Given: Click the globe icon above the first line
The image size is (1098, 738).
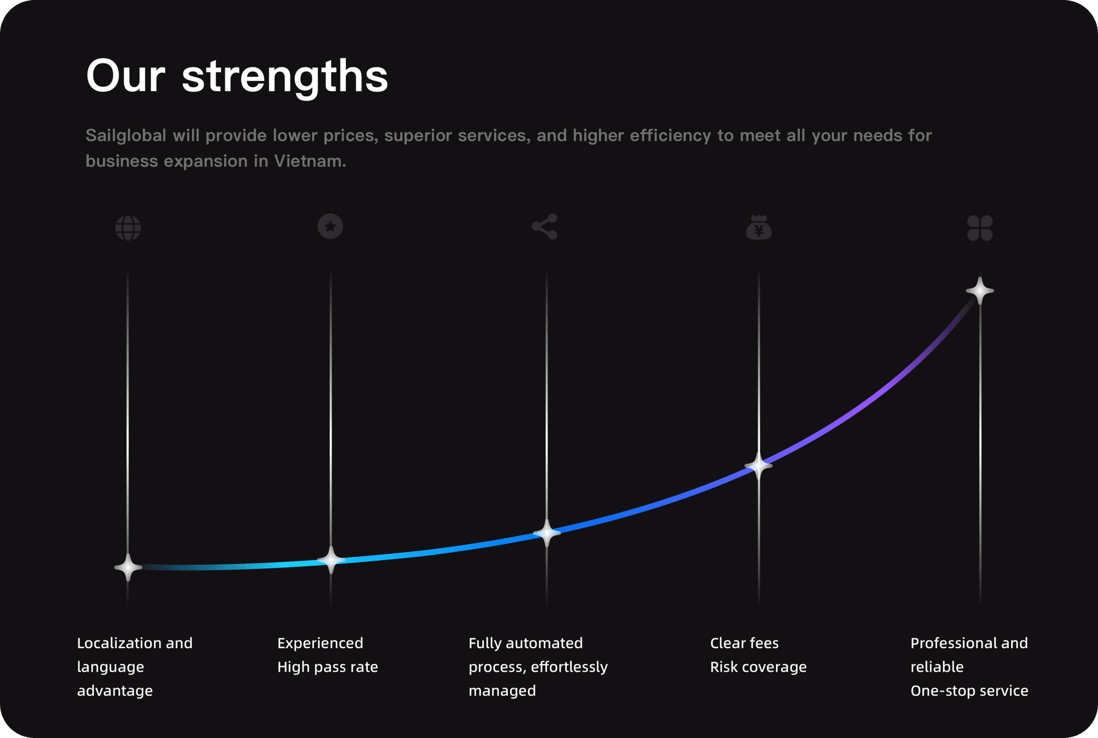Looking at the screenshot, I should click(x=128, y=228).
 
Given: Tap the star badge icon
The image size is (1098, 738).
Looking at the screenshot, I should click(x=330, y=227).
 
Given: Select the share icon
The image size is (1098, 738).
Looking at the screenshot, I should click(x=544, y=227).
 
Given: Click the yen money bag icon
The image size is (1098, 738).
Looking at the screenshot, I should click(x=759, y=228).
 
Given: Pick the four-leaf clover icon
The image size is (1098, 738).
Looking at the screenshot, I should click(x=980, y=228).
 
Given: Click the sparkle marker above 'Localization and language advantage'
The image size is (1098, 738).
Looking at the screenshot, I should click(x=128, y=568).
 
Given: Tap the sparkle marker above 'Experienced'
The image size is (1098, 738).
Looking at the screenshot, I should click(x=331, y=560).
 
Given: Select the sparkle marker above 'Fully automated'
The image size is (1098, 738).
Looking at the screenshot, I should click(x=547, y=533).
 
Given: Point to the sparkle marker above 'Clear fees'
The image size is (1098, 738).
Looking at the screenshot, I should click(x=759, y=466).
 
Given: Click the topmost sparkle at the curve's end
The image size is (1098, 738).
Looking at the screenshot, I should click(x=980, y=291).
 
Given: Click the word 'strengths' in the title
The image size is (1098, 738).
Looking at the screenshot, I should click(x=285, y=76).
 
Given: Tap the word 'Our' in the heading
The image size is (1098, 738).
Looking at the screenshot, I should click(x=126, y=76).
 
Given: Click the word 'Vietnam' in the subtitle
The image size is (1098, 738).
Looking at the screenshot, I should click(x=309, y=161).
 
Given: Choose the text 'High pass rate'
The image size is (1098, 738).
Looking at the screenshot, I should click(x=328, y=667).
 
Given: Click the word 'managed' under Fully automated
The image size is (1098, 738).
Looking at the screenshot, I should click(x=502, y=691).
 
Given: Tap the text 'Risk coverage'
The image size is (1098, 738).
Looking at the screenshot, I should click(x=758, y=667).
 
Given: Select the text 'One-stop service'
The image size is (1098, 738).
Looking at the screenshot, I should click(x=969, y=691).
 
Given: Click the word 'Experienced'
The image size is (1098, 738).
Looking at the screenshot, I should click(x=320, y=643).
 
